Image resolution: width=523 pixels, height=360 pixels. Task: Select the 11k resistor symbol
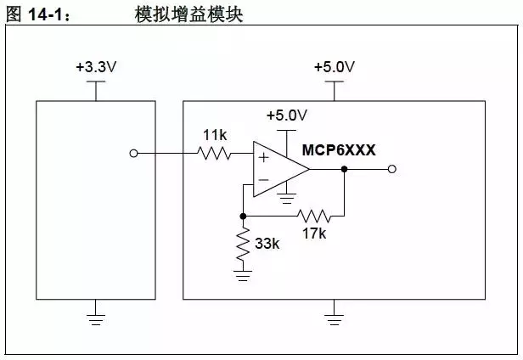(x=214, y=154)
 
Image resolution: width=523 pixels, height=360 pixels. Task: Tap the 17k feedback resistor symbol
(x=312, y=216)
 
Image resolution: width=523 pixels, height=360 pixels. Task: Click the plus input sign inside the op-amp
(x=263, y=157)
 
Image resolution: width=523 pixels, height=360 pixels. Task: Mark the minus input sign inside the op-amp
(x=263, y=180)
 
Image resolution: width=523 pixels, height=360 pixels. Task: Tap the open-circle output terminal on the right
(x=391, y=169)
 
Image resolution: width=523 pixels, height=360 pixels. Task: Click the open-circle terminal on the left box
(x=132, y=154)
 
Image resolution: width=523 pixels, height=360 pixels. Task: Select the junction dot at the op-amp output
(x=344, y=169)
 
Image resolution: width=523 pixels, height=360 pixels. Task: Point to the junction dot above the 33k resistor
(x=244, y=216)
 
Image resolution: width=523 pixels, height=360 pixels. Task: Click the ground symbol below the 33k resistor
(x=244, y=273)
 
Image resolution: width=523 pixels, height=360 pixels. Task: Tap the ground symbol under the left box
(x=96, y=318)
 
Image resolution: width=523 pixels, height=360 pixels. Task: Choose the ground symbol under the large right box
(x=335, y=318)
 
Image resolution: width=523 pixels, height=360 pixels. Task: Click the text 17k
(x=313, y=233)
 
